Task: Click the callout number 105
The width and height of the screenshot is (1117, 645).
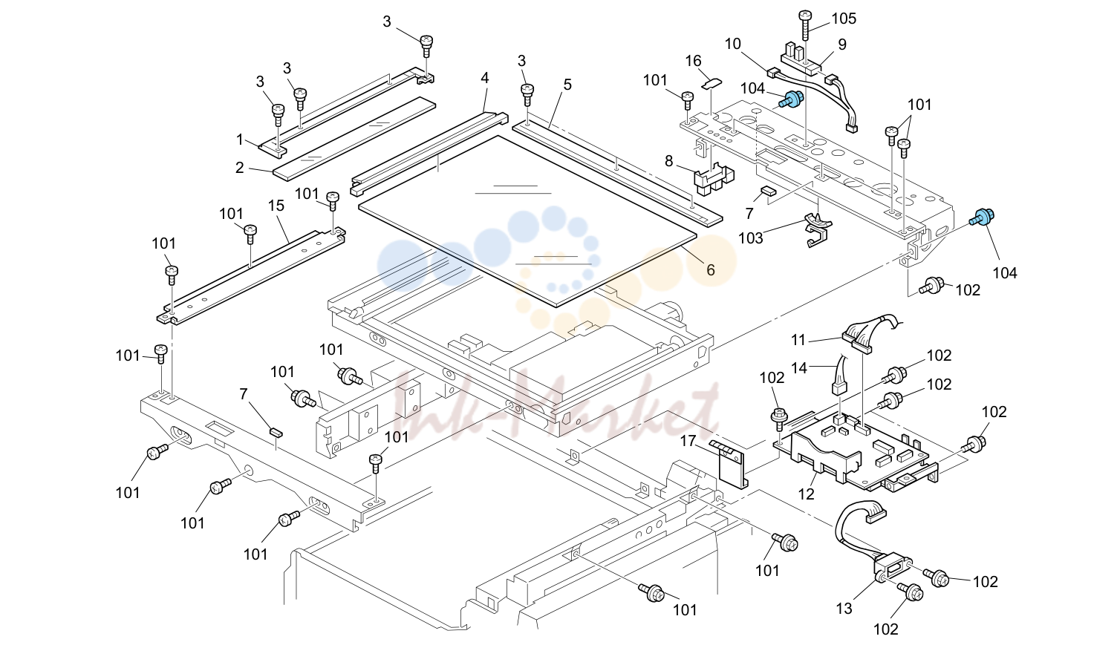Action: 844,19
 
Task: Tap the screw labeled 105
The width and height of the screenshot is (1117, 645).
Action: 805,25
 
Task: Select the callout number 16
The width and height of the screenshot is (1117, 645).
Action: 693,61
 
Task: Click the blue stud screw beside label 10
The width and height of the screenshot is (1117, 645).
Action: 790,99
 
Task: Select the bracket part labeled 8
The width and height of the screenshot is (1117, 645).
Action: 714,180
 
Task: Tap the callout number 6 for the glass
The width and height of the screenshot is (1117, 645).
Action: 711,270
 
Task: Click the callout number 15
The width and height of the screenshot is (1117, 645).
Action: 276,206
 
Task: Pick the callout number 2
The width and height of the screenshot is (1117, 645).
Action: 240,168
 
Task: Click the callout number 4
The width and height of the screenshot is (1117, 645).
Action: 485,78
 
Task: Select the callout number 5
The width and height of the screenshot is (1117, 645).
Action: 567,85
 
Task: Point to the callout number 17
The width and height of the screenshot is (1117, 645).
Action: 688,441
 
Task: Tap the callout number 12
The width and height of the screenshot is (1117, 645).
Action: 807,494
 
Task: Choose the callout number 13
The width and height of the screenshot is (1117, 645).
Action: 844,608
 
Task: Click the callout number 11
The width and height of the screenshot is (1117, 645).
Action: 798,340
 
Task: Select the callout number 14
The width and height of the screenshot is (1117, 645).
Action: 799,368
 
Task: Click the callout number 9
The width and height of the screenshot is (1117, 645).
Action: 842,45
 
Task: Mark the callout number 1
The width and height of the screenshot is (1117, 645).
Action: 240,140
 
